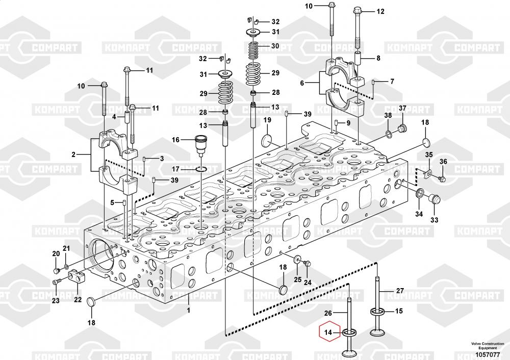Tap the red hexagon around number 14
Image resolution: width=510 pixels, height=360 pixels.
tap(329, 333)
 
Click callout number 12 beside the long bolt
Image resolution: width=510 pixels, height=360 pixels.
tap(380, 11)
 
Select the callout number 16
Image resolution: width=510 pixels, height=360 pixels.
tap(175, 140)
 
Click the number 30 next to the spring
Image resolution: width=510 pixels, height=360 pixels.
tap(275, 46)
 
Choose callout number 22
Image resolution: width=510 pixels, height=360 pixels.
tap(78, 299)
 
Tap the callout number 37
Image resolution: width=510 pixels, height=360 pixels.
tap(402, 108)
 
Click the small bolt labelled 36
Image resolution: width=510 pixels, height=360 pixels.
tap(442, 178)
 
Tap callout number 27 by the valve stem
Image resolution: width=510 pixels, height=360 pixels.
tap(400, 291)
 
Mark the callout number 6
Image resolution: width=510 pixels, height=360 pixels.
tap(302, 82)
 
